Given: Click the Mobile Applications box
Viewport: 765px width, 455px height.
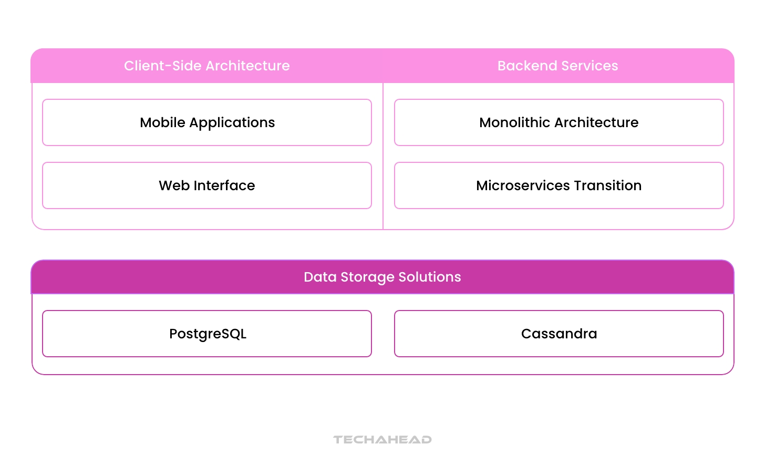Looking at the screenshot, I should pos(207,122).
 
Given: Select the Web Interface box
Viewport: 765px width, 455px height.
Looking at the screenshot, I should pos(207,185).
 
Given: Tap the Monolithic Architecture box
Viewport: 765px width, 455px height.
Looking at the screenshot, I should pos(559,122).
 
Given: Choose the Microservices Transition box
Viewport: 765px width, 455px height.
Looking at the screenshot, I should pos(559,185).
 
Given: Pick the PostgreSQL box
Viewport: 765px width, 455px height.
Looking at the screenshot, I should pos(207,334).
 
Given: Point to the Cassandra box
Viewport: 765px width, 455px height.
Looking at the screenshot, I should pos(559,334).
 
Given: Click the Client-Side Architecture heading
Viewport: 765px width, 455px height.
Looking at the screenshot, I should pos(207,66).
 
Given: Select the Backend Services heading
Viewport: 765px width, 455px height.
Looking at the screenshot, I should pos(558,66).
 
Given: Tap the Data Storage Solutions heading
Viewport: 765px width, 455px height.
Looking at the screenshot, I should pos(382,277).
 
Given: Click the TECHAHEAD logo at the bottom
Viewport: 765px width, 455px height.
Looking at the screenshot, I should pos(382,439).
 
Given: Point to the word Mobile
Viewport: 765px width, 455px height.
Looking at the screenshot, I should pos(162,122).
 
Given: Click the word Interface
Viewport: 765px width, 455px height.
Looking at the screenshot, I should pos(224,185).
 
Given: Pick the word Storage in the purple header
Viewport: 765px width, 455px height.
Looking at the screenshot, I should pos(367,277).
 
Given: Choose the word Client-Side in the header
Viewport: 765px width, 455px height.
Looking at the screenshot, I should pos(156,66).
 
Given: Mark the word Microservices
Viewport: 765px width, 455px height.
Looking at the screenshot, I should pos(523,185).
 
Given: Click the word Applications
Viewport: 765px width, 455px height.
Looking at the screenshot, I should pos(232,123).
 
